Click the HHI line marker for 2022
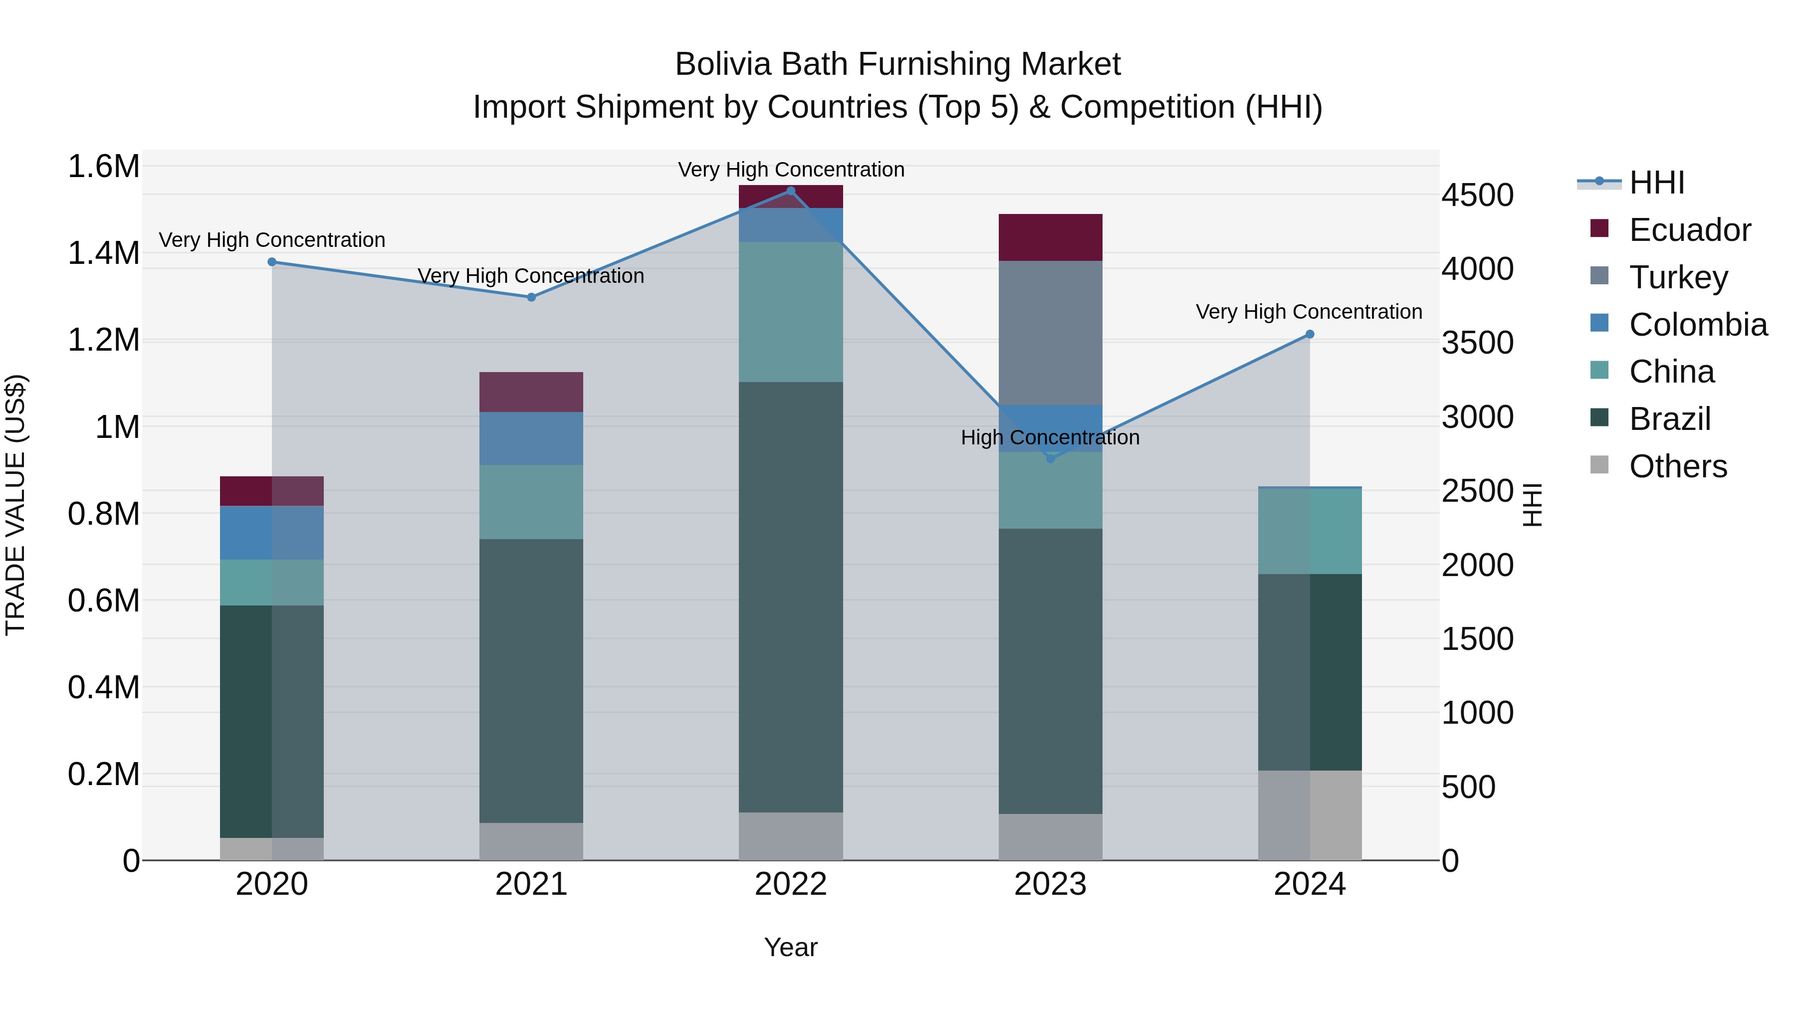pos(791,191)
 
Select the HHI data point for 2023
pos(1051,459)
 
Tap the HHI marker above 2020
pos(272,262)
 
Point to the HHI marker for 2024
pos(1310,335)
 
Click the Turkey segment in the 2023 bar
pos(1051,333)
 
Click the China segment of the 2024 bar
pos(1310,531)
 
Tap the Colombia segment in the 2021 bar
pos(531,438)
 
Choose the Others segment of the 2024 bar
pos(1310,815)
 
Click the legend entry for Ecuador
pos(1689,230)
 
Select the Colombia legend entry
pos(1698,325)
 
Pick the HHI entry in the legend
pos(1656,183)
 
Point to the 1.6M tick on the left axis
pos(103,167)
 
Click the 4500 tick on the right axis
pos(1477,195)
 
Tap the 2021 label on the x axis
pos(531,884)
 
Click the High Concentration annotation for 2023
pos(1050,438)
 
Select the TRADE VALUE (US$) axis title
pos(15,505)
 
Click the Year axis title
pos(791,947)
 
